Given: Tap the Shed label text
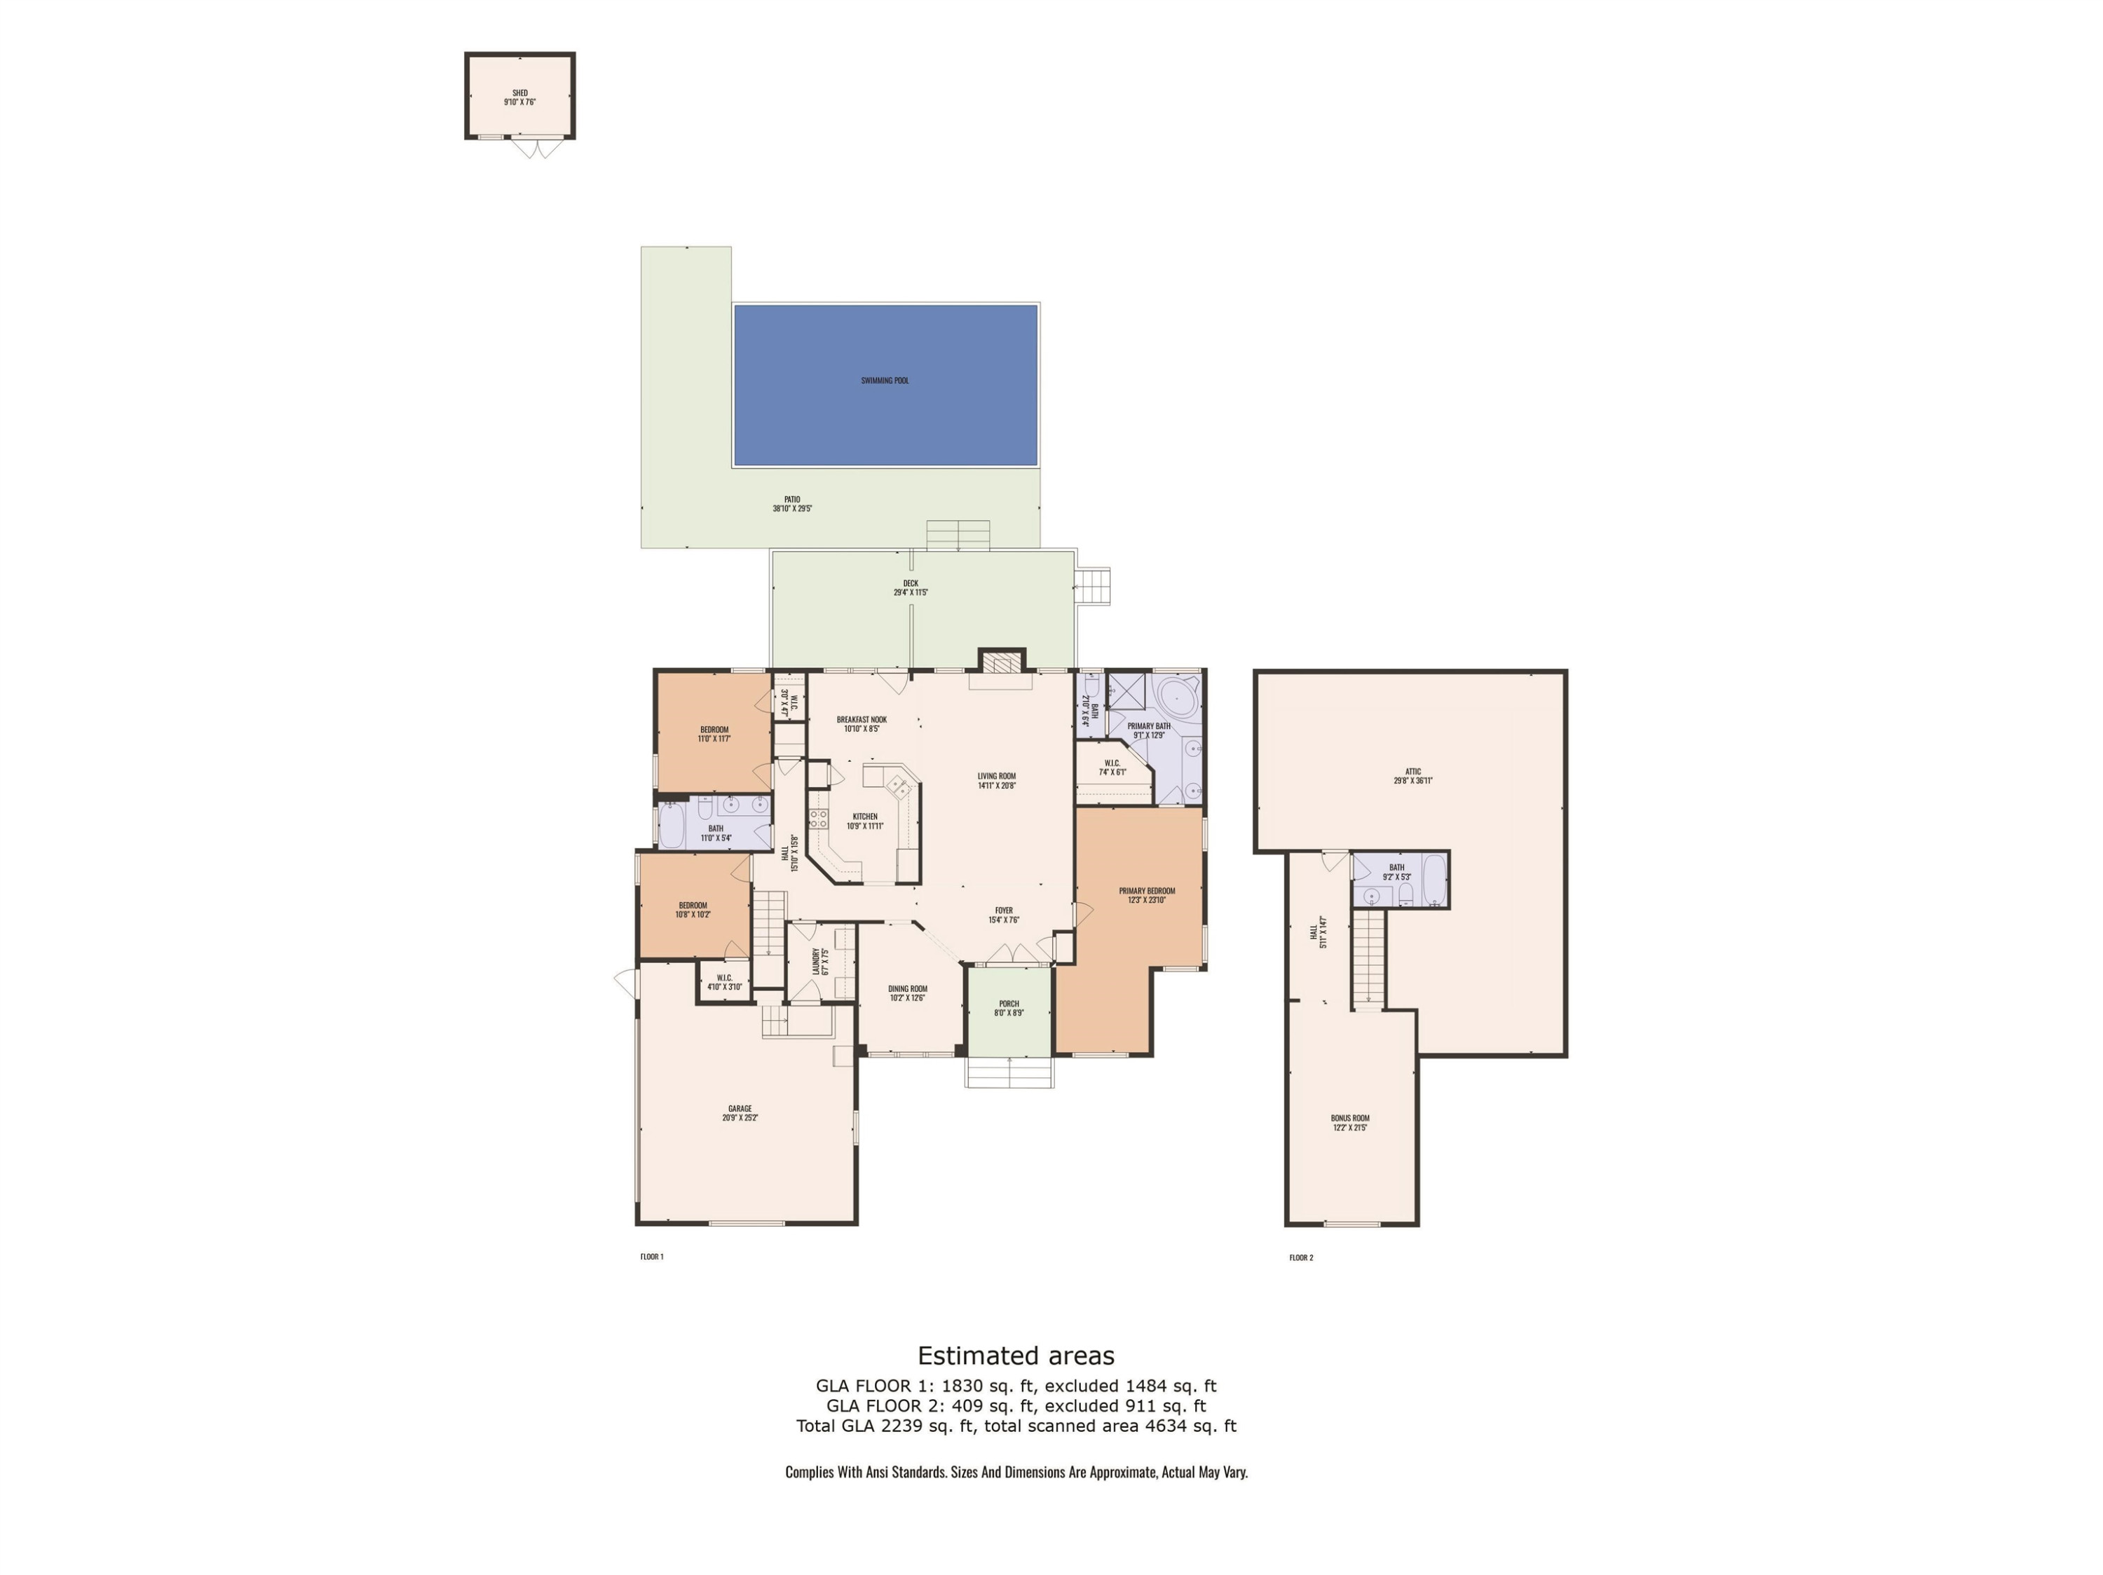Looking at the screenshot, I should (520, 93).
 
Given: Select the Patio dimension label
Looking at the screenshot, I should (792, 508).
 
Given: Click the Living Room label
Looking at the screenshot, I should (996, 777).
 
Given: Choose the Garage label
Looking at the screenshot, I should (740, 1108).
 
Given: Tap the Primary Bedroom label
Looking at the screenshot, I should (1147, 892).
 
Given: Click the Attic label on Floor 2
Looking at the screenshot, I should (1413, 772).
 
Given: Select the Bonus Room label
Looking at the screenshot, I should (1350, 1119).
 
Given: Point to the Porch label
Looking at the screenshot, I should (1009, 1004).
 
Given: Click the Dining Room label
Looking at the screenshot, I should (908, 988).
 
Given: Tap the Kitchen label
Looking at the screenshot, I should (865, 817).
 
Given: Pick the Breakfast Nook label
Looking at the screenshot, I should (862, 720).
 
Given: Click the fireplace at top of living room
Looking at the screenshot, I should (1002, 662).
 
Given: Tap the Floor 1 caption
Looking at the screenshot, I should (651, 1257).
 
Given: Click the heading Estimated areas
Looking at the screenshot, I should (1015, 1356).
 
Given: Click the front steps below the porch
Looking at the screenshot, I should (1009, 1072).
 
